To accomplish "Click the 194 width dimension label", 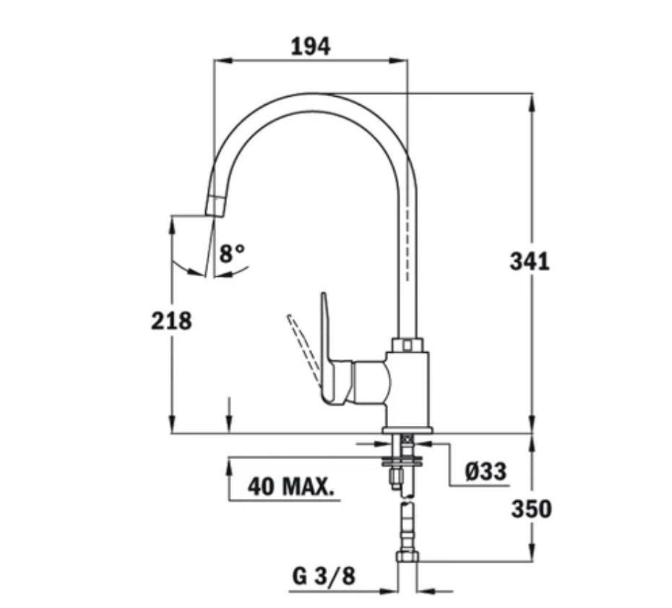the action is click(311, 46).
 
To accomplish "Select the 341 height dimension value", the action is click(529, 261).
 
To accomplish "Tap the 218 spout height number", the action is click(171, 321).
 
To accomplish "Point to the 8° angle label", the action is click(232, 253).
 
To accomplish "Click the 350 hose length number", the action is click(531, 510).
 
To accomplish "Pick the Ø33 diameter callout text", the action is click(486, 471).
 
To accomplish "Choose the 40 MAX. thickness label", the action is click(290, 487).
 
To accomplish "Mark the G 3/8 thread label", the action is click(324, 576).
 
